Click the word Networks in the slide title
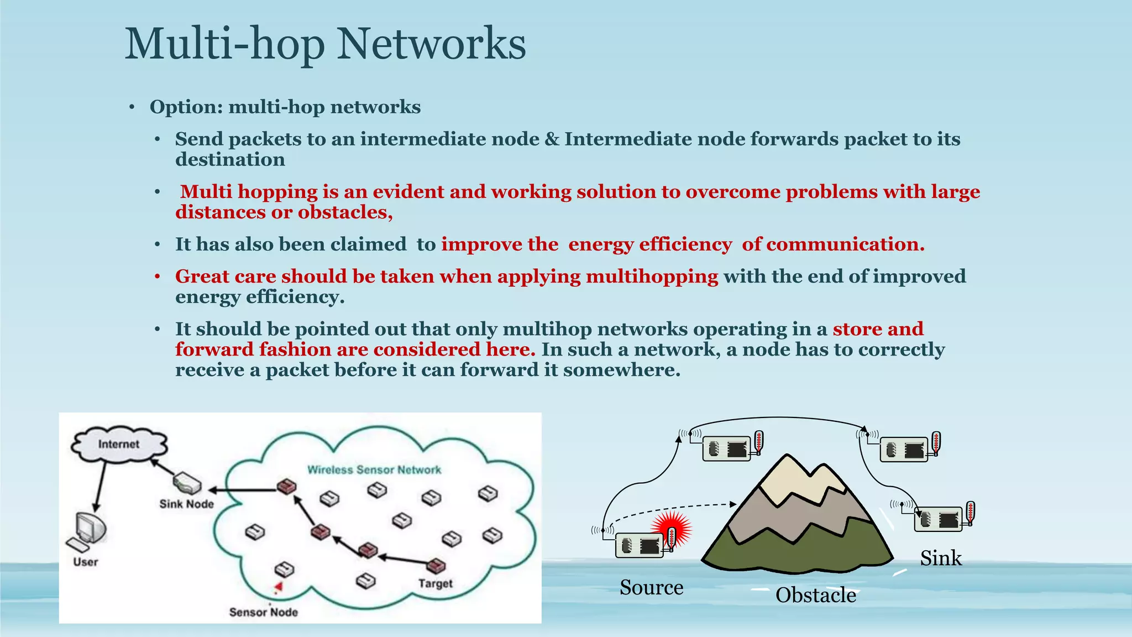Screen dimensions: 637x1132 [431, 44]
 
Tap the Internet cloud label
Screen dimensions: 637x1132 [119, 444]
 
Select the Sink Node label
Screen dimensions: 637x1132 [186, 504]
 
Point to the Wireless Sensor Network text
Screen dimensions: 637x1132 [374, 470]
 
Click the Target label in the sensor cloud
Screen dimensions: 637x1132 [435, 584]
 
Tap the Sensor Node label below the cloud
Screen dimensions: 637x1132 [264, 612]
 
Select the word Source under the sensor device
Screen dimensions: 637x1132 [651, 587]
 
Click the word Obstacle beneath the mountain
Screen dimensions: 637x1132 [815, 596]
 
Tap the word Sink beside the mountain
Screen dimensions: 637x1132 [941, 558]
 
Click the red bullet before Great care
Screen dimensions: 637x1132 [158, 276]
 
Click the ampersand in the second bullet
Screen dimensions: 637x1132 [552, 139]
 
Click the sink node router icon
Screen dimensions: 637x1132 [187, 483]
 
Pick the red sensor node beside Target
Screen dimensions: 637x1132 [436, 565]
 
